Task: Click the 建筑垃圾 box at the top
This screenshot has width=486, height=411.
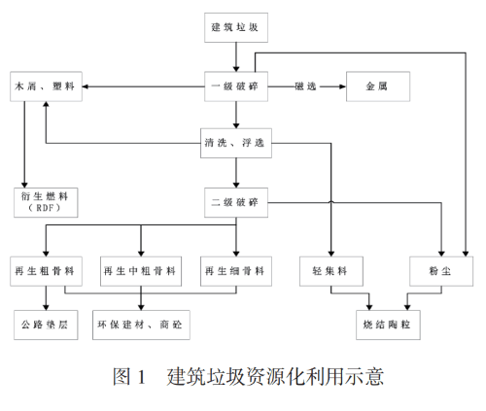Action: (x=236, y=27)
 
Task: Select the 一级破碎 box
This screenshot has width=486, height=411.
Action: (x=236, y=86)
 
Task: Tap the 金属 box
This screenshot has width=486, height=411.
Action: (x=378, y=86)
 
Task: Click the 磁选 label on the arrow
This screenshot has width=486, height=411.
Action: (x=305, y=86)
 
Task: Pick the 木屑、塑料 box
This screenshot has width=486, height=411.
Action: (x=46, y=86)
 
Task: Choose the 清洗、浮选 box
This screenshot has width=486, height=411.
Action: (x=236, y=143)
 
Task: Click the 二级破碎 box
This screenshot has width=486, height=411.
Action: (x=236, y=202)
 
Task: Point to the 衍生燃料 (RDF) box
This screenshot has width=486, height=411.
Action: (x=46, y=202)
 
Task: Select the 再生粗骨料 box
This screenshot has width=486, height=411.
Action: (x=46, y=271)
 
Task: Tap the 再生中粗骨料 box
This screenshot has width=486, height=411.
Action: (x=141, y=271)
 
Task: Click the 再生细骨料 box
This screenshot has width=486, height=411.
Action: (x=236, y=271)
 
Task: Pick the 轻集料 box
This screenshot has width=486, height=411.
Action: (x=331, y=271)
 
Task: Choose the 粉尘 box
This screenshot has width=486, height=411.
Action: (x=441, y=271)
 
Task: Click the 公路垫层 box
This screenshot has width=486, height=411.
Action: (x=46, y=325)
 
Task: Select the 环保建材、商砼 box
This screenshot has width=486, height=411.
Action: (x=141, y=325)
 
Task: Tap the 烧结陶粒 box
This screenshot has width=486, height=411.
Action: (x=388, y=325)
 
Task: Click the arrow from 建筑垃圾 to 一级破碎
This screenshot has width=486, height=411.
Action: (x=236, y=57)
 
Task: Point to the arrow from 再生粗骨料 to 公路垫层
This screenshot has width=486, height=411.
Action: (x=46, y=298)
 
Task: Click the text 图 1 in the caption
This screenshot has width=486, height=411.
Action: (x=129, y=377)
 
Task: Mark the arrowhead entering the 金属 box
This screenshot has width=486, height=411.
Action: (x=343, y=86)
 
